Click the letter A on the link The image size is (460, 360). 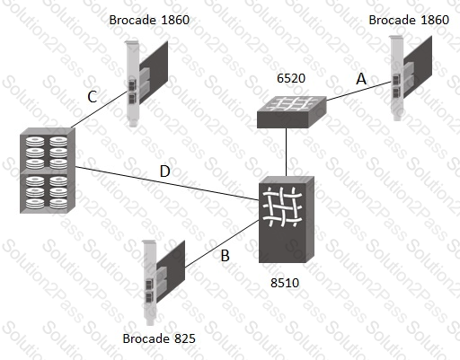(361, 79)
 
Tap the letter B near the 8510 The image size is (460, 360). (226, 256)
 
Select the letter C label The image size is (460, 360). (93, 97)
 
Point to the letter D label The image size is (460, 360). (165, 171)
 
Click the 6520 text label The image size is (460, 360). (291, 78)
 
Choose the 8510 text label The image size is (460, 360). (285, 283)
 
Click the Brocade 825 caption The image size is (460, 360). (159, 338)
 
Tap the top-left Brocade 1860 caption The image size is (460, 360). (149, 20)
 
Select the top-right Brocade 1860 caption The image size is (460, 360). (409, 20)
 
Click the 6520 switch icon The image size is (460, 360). (292, 112)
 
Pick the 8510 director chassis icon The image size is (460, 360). (287, 219)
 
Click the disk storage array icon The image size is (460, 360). (48, 171)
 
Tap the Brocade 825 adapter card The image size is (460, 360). (164, 283)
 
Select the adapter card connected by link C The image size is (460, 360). (146, 83)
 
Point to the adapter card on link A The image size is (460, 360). (411, 78)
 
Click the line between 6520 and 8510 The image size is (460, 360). (287, 153)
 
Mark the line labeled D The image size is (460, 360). (167, 183)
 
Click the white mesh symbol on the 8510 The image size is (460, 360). (282, 206)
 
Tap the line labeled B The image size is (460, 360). (222, 243)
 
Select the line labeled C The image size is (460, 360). (100, 110)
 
